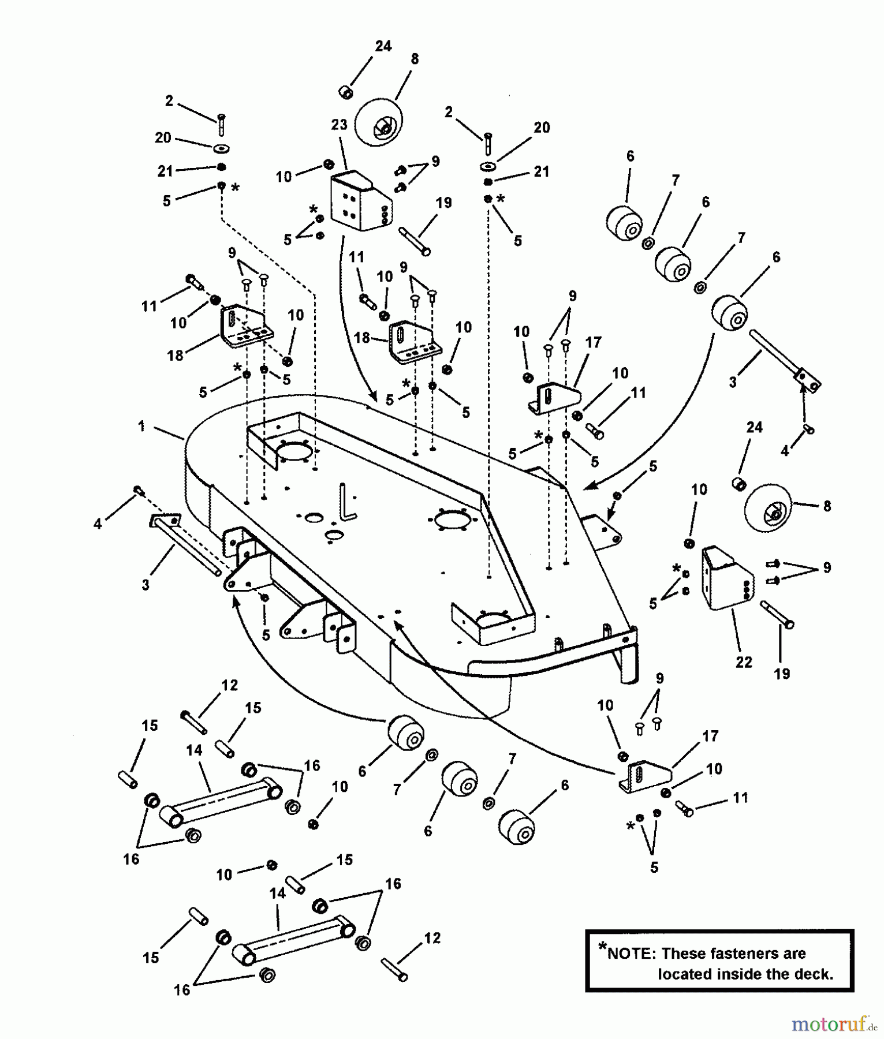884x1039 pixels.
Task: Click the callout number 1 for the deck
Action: coord(141,427)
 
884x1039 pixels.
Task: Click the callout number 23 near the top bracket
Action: coord(339,125)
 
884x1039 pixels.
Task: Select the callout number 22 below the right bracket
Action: coord(744,662)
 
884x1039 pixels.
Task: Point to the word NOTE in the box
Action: coord(632,954)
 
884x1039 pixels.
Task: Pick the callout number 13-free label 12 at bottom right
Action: coord(432,938)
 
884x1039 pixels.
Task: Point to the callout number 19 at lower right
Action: coord(781,674)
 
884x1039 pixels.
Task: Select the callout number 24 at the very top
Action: coord(383,46)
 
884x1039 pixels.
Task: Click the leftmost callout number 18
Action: coord(175,355)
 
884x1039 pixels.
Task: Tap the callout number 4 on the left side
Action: coord(98,524)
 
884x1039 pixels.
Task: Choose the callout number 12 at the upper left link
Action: coord(229,685)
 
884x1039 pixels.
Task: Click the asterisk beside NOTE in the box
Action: coord(603,946)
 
